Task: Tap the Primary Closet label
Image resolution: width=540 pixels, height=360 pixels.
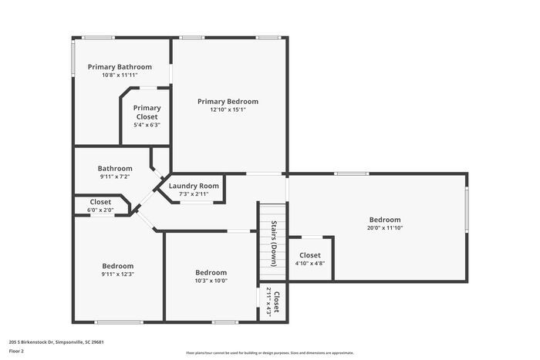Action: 147,113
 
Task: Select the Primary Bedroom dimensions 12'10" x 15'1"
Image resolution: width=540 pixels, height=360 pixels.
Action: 228,109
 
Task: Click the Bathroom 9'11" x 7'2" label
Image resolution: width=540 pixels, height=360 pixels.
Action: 115,168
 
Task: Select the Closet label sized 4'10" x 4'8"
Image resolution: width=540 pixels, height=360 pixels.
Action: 309,255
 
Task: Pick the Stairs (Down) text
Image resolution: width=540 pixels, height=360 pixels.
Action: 274,241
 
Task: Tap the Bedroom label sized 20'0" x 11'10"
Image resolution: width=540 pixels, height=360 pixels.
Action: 384,220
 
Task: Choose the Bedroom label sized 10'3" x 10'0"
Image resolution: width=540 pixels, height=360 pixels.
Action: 211,272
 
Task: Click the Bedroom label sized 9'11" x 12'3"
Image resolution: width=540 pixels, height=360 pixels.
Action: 117,266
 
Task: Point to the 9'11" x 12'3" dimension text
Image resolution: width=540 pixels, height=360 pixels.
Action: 117,274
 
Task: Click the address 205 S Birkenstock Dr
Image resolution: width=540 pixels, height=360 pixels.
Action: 56,341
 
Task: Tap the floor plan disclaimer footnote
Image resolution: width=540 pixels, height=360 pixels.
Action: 269,352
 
